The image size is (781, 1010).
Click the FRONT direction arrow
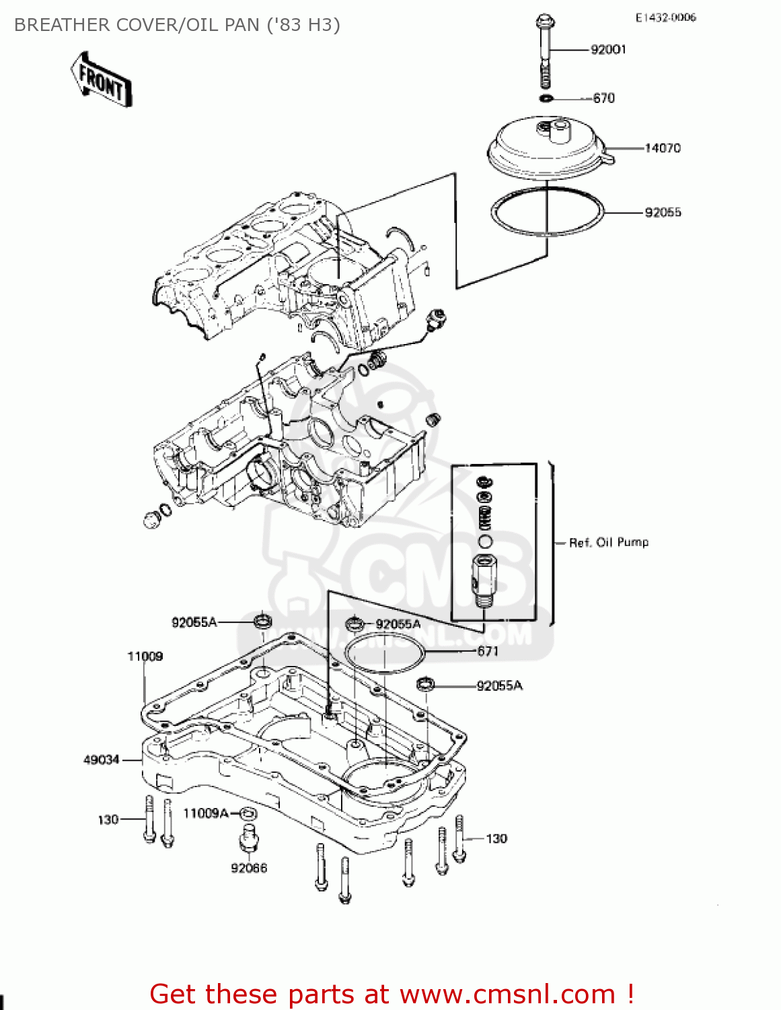pos(101,79)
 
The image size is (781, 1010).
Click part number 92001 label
pos(608,49)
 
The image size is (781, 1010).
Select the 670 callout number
pos(603,98)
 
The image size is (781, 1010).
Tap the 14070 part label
pos(663,148)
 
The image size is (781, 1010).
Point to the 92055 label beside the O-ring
pos(663,213)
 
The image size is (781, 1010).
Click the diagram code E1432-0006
pos(665,18)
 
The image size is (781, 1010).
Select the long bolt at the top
pos(544,50)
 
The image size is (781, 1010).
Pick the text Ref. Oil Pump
pos(609,543)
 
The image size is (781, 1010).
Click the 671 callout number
pos(488,651)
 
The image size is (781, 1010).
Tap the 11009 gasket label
pos(145,656)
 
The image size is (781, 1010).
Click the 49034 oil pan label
pos(101,760)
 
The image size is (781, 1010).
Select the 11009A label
pos(206,813)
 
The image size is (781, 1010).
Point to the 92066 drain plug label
pos(249,869)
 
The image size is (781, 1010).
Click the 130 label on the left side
pos(108,819)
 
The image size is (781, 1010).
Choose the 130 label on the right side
pos(496,839)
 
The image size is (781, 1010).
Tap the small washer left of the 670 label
pos(546,99)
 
